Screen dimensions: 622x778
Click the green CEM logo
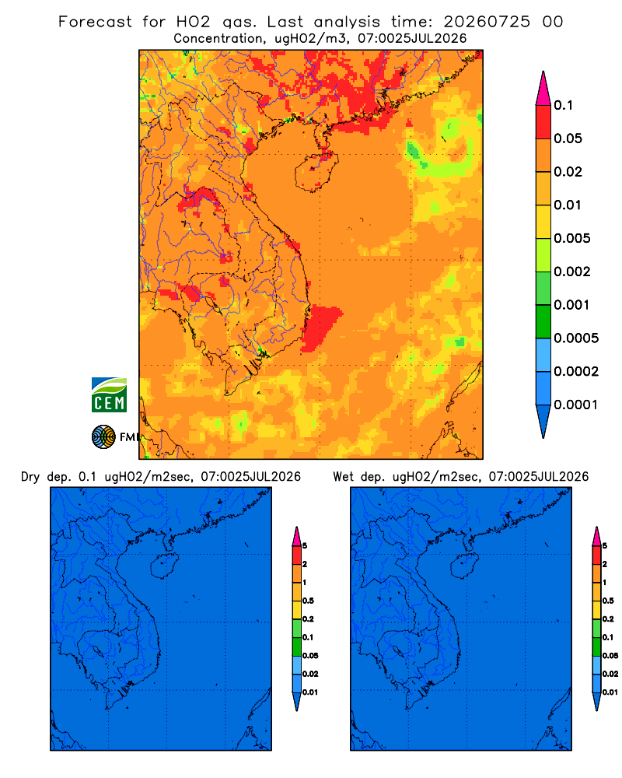coord(109,395)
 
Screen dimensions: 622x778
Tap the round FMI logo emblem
coord(103,436)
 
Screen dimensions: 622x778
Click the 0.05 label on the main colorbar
coord(568,138)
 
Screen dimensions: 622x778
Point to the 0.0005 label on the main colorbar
coord(576,338)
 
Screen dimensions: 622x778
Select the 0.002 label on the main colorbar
coord(572,272)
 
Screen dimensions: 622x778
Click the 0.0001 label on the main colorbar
coord(576,405)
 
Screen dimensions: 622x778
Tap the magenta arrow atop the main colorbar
coord(543,88)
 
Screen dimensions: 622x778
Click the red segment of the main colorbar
coord(543,121)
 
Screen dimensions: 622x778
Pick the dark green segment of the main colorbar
coord(543,321)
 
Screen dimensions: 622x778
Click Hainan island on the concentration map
coord(316,172)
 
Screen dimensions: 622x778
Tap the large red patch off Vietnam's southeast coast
coord(320,328)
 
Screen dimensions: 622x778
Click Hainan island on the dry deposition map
coord(164,566)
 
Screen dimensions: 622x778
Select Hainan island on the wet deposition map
coord(464,566)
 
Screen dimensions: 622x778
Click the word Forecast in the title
coord(95,22)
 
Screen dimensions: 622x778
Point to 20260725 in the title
coord(487,22)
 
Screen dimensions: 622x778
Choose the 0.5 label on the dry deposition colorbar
coord(308,601)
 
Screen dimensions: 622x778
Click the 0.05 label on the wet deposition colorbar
coord(610,655)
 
